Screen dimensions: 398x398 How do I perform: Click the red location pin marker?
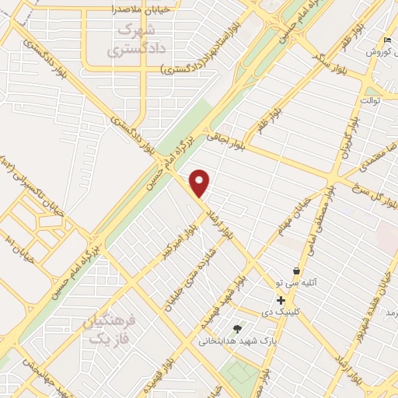click(201, 183)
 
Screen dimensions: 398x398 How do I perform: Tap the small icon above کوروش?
click(388, 40)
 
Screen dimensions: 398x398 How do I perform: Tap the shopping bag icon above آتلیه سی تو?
click(295, 271)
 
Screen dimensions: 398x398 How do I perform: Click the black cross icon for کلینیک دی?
click(281, 300)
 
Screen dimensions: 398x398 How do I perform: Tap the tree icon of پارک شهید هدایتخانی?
click(237, 328)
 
